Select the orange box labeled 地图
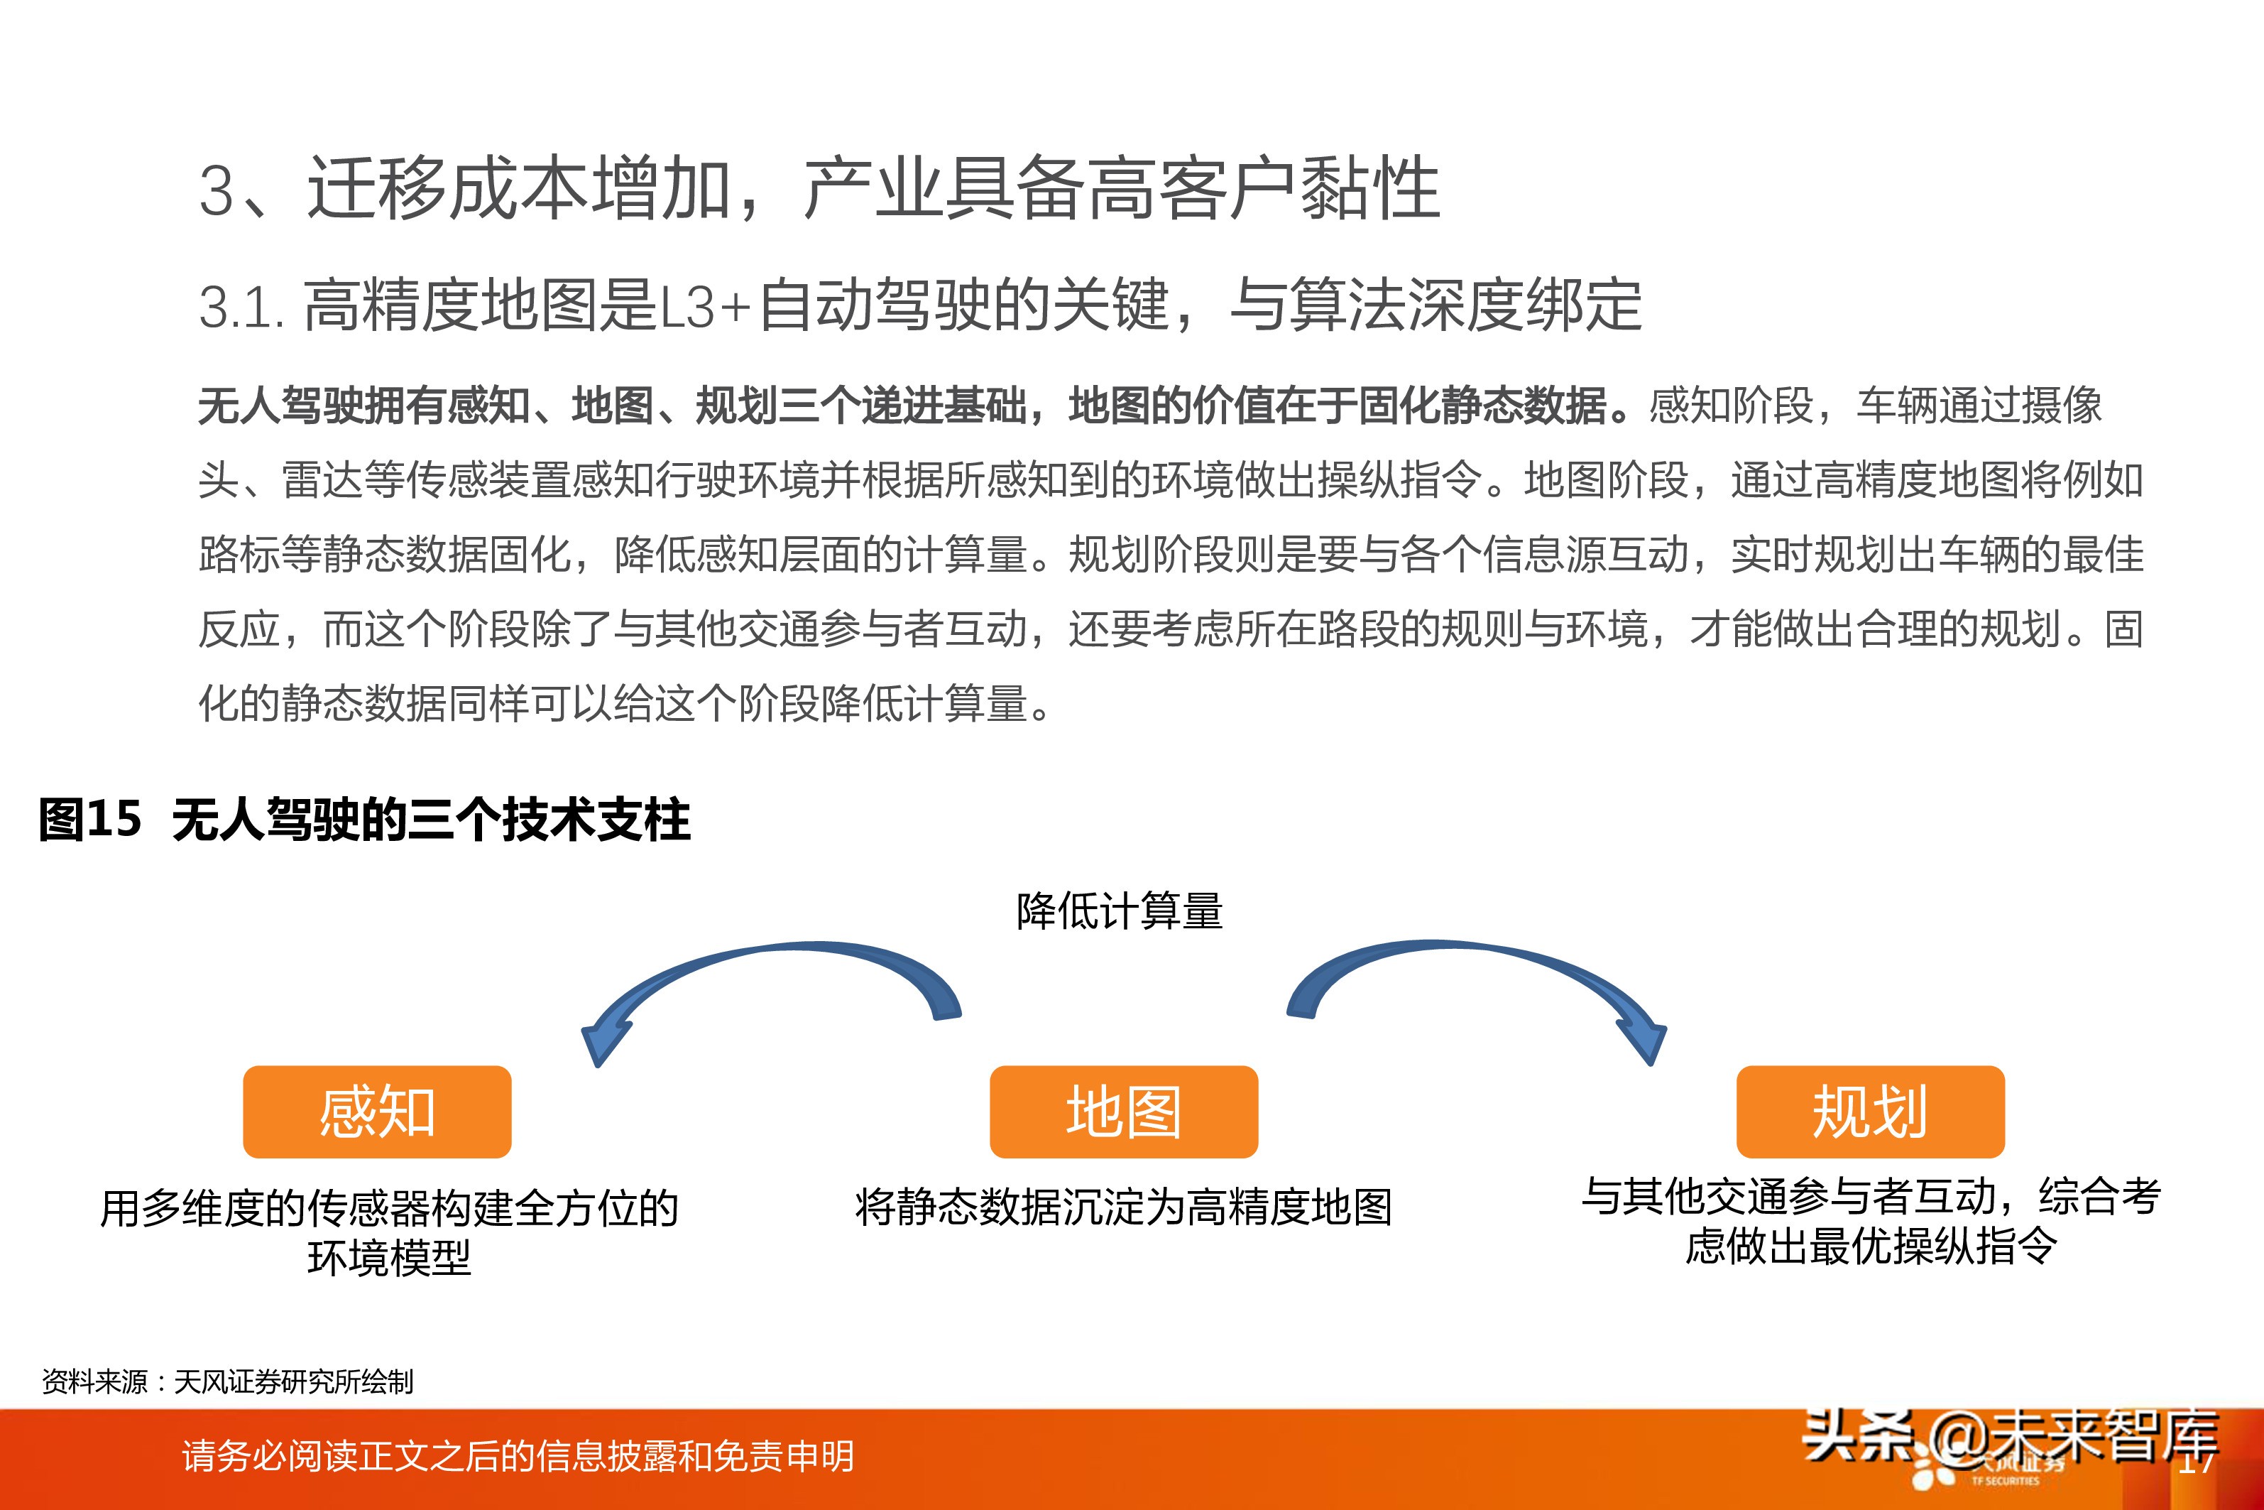point(1123,1112)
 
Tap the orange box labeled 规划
point(1869,1112)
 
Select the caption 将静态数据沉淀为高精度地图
point(1123,1207)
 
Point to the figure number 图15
point(89,820)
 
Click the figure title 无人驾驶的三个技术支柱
point(431,820)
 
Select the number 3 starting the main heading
point(217,190)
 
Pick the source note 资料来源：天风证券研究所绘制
point(227,1382)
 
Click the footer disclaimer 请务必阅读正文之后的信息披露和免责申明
point(518,1456)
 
